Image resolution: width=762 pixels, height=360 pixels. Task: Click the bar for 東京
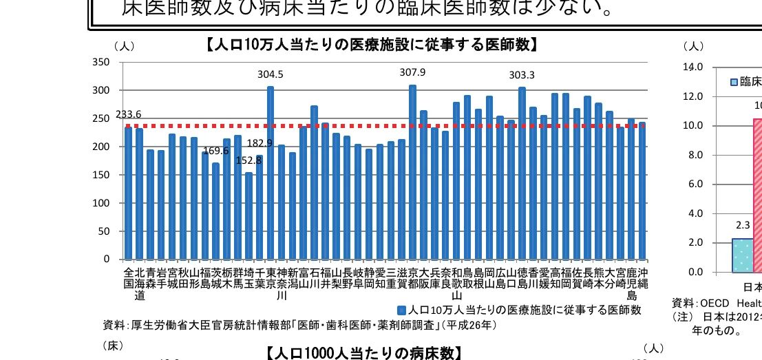271,173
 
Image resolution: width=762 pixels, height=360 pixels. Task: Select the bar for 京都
413,172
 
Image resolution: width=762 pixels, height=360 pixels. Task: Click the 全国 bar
128,193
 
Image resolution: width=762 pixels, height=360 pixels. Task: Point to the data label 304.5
271,74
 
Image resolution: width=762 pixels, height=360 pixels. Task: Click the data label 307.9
413,72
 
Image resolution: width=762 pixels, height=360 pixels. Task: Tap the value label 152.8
248,160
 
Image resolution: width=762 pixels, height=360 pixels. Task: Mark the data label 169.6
215,151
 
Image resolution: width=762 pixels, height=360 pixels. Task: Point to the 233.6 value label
128,114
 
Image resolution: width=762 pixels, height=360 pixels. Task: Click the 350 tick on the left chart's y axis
100,62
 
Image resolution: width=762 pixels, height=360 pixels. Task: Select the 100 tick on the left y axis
100,203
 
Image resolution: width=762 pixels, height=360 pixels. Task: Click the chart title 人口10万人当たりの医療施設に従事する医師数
371,45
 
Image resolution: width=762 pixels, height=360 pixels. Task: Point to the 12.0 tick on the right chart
692,96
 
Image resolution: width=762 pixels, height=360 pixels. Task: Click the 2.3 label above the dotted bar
743,225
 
